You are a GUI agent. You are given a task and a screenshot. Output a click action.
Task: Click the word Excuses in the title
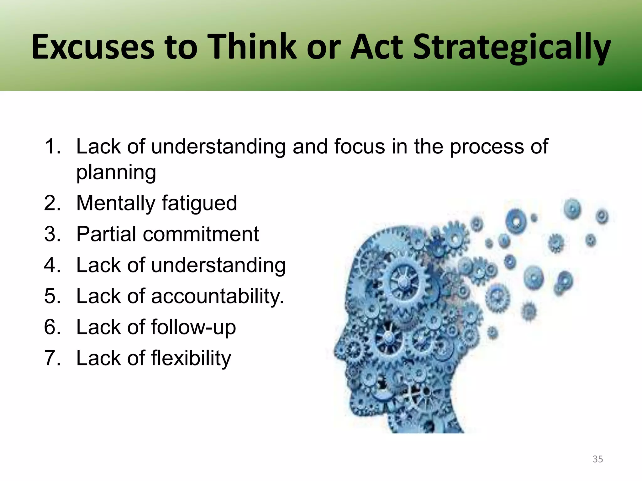point(93,47)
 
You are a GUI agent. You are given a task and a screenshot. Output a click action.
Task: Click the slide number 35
point(597,459)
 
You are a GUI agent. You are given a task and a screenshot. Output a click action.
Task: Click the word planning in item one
point(116,172)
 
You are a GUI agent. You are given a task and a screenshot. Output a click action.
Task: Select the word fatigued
point(199,203)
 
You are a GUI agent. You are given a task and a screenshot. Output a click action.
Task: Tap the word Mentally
point(116,203)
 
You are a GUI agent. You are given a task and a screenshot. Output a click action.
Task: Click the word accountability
point(217,296)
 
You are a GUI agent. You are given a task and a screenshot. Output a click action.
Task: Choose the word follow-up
point(193,327)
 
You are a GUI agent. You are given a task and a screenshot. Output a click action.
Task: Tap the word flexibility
point(191,358)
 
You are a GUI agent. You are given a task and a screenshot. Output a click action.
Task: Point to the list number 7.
point(52,358)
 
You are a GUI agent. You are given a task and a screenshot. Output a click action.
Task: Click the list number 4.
point(52,265)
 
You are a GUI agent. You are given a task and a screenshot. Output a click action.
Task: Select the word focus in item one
point(359,146)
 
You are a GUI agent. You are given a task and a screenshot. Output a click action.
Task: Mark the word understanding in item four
point(218,265)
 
